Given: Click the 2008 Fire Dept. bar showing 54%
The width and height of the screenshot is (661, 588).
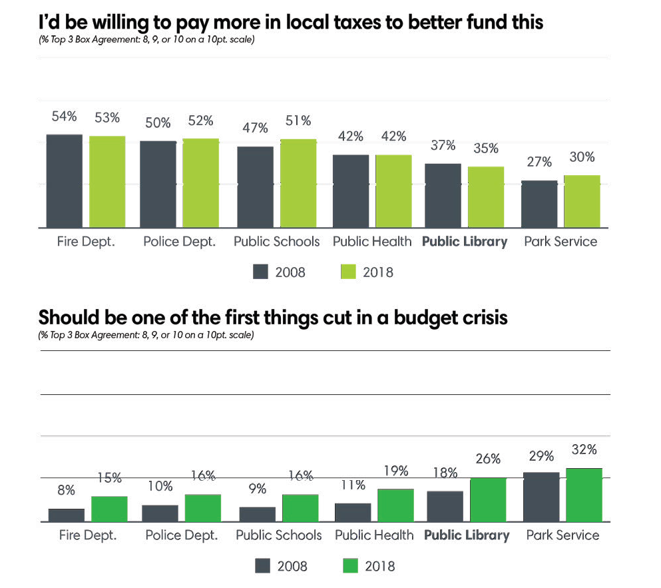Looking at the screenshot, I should pos(65,180).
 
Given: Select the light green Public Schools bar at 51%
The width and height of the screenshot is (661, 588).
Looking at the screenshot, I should pos(298,183).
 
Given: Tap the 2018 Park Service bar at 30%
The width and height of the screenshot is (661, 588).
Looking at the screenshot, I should pos(582,201).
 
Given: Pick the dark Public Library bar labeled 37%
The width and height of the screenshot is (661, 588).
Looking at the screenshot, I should pos(443,195).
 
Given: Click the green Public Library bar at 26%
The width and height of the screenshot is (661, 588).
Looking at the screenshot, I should pos(488,499).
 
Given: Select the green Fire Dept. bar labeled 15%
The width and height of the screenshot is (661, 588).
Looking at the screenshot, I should pos(109,508).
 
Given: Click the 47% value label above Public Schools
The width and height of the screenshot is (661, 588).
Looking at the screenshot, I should pos(255,128).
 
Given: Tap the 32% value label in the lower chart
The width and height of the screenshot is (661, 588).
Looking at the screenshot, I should pos(583,449).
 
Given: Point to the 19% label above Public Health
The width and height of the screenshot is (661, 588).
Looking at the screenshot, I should pos(395,471).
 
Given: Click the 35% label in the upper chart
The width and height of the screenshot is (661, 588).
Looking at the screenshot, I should pos(486,148).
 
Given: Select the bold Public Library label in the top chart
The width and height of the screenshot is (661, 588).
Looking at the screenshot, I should pos(465,242).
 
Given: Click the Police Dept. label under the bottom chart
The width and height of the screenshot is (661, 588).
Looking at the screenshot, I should pos(182,535).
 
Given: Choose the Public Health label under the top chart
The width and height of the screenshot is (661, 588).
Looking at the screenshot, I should pos(372,242).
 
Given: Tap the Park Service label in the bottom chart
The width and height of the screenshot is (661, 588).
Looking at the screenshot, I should pos(562,535).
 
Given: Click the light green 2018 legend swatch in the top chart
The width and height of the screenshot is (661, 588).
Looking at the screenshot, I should pos(349,272).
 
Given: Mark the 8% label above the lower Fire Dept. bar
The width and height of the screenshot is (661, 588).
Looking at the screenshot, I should pos(67,490).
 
